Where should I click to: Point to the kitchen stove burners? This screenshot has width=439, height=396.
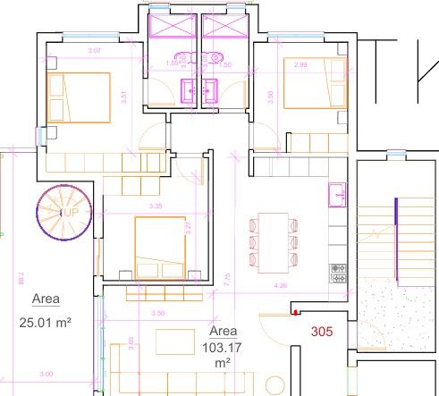[x=338, y=268]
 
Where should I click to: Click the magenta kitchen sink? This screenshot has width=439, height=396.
[x=338, y=191]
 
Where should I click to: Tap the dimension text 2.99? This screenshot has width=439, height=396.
[x=300, y=65]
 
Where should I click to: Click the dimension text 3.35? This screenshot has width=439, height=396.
[x=157, y=206]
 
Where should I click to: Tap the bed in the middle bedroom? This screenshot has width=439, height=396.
[x=160, y=248]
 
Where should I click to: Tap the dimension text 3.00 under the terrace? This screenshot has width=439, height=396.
[x=45, y=374]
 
